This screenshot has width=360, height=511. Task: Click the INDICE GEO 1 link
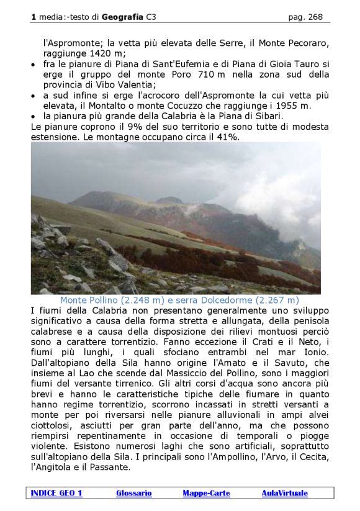pos(56,493)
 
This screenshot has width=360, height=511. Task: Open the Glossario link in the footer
pos(133,493)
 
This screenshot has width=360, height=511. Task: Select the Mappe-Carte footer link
pos(206,493)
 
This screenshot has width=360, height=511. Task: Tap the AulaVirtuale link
pos(284,493)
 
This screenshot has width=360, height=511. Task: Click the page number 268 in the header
pos(315,17)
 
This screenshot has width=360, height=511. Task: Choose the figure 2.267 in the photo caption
pos(264,301)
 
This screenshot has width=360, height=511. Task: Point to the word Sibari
pos(269,115)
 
